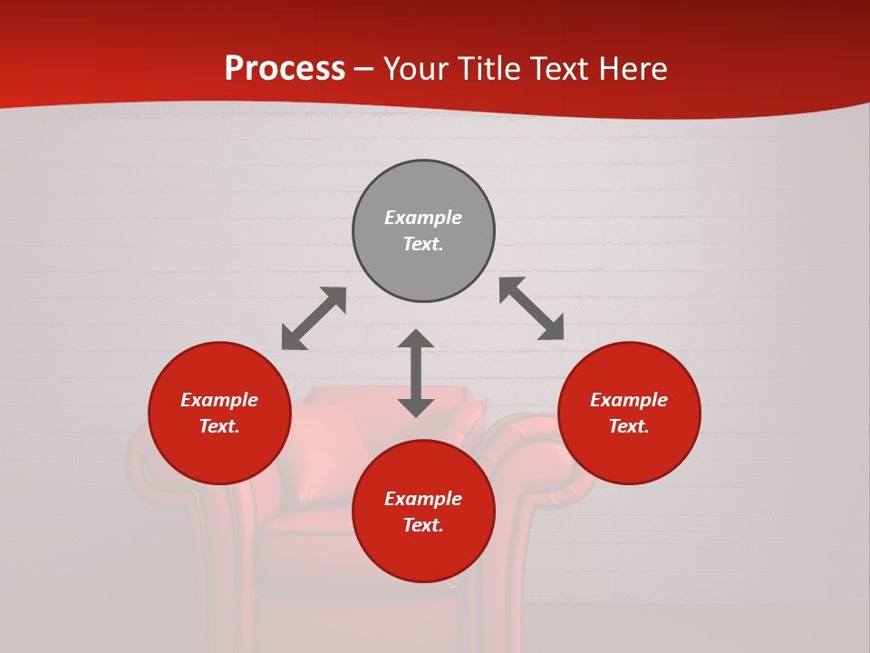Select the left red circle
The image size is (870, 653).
click(219, 413)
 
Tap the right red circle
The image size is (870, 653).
click(629, 413)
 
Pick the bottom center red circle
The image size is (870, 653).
click(423, 512)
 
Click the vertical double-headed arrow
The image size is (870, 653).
click(416, 373)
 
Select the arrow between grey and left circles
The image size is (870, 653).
click(314, 318)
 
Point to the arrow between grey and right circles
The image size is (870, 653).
click(532, 308)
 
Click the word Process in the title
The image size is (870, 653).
click(285, 69)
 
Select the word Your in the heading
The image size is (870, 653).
click(416, 69)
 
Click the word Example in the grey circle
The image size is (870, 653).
click(423, 218)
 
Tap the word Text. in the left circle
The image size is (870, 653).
click(219, 426)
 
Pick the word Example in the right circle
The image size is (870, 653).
click(629, 400)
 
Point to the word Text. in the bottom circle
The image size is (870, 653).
click(423, 525)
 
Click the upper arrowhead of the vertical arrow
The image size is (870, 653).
click(416, 338)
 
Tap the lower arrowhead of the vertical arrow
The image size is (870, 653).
click(416, 407)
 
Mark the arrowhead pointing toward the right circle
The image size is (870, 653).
click(553, 329)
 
